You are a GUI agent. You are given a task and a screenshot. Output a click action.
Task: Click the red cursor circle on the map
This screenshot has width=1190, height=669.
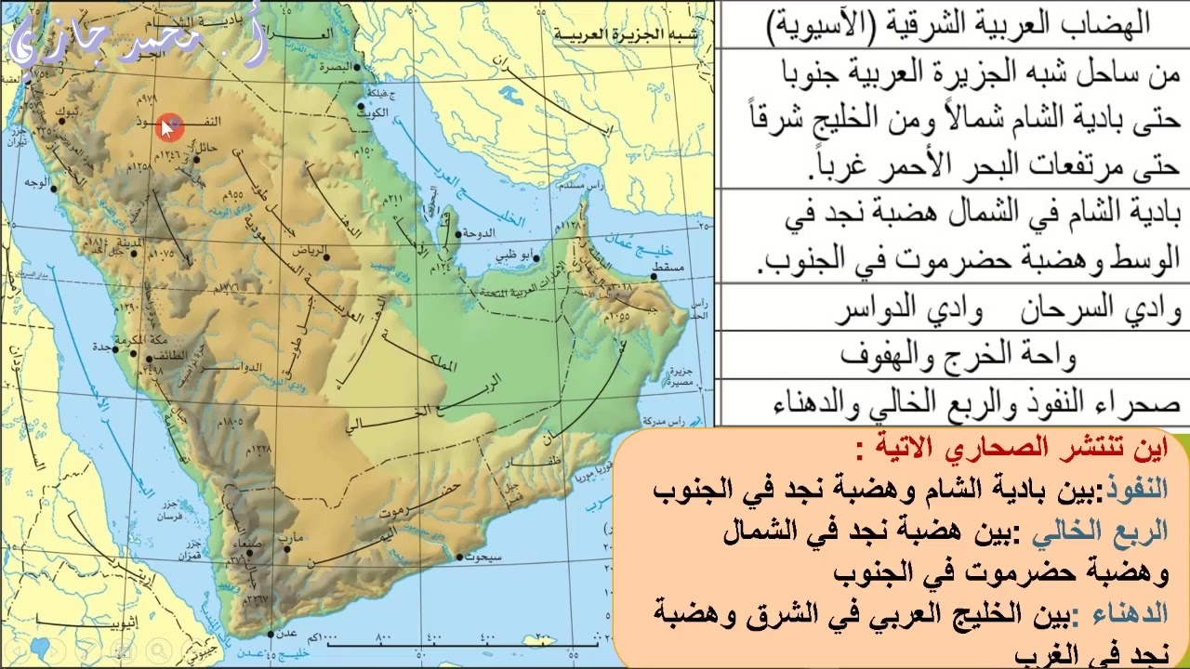[x=170, y=128]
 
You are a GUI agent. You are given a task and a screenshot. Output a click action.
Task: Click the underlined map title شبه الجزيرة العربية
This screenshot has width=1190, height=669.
[x=628, y=34]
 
